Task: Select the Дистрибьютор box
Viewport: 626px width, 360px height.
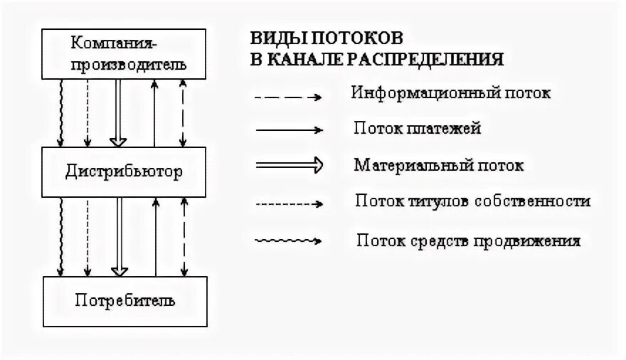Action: point(124,172)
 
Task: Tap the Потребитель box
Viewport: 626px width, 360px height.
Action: point(124,300)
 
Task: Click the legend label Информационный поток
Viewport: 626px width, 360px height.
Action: point(452,93)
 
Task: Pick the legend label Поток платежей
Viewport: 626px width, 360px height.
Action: point(418,129)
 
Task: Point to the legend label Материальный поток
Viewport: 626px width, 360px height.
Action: point(439,166)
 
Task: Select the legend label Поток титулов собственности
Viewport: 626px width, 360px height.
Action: point(472,201)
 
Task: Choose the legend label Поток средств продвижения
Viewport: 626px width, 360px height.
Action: point(469,240)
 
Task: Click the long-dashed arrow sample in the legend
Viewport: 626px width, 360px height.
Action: point(288,96)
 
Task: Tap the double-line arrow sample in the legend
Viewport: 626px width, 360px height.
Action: point(288,166)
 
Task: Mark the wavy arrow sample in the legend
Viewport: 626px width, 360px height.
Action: point(288,240)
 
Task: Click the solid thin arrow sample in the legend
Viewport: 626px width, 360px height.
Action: point(288,130)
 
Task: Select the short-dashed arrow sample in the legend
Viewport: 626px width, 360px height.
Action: point(288,204)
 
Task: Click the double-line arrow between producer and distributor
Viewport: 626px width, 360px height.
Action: point(120,112)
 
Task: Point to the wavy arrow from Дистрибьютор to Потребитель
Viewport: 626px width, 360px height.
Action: point(62,236)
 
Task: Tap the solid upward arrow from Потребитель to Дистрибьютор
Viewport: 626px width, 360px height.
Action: point(155,236)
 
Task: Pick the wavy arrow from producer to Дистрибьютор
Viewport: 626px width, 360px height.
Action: point(62,112)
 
